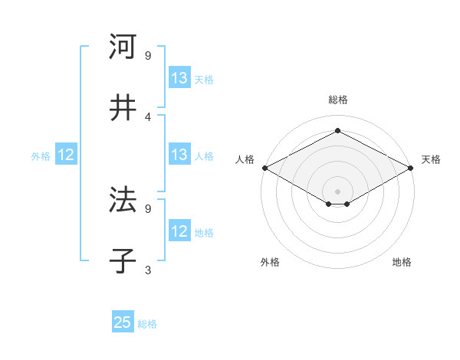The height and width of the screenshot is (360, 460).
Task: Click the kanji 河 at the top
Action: point(123,47)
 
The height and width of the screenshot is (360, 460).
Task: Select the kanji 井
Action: point(123,108)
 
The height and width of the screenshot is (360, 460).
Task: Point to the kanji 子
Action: point(123,261)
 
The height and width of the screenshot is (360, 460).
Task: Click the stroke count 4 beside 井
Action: point(148,116)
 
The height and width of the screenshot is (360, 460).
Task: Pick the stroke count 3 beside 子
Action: point(148,270)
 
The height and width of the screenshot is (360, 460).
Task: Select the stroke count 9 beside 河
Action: point(148,55)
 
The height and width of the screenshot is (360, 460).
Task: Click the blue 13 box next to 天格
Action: point(179,78)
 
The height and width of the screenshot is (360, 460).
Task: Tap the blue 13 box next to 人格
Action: point(179,155)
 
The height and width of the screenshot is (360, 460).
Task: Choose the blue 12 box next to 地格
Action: point(179,231)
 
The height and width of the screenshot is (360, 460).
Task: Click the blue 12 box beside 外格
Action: point(65,155)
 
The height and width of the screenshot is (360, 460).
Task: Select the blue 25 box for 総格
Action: point(123,322)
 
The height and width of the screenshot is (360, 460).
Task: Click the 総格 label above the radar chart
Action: point(338,100)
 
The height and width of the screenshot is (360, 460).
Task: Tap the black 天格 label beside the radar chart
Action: point(431,159)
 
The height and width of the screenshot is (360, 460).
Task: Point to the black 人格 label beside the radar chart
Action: point(245,159)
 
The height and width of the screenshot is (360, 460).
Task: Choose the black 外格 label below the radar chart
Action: point(270,262)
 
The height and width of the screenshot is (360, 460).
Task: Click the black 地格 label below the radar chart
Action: point(402,262)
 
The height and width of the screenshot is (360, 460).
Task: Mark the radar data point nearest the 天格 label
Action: point(412,168)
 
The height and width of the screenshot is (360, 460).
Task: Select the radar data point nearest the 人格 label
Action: point(264,168)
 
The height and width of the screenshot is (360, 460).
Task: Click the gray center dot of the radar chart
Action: point(338,191)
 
